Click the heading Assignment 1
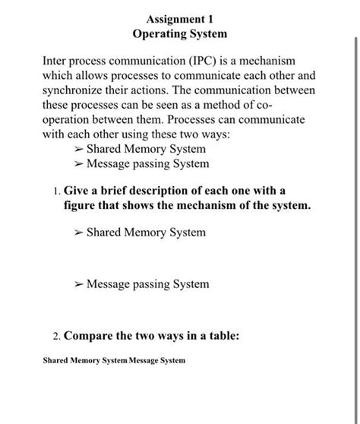click(180, 19)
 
